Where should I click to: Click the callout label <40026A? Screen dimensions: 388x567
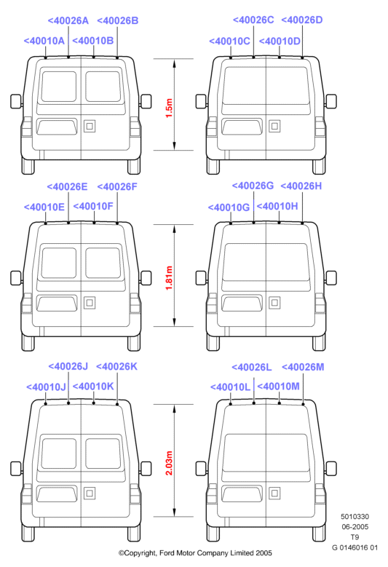[x=68, y=20]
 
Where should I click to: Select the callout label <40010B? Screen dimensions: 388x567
[x=93, y=41]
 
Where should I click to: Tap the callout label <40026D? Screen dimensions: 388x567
[x=302, y=20]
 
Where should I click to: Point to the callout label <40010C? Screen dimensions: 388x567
[x=229, y=41]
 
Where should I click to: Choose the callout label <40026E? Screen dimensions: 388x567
[x=67, y=186]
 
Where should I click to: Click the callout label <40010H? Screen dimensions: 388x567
[x=277, y=206]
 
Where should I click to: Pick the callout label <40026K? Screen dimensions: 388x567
[x=116, y=367]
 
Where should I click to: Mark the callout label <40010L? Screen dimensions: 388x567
[x=230, y=387]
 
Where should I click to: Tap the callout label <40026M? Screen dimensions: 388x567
[x=303, y=368]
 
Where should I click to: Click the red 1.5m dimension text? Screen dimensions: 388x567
[x=169, y=108]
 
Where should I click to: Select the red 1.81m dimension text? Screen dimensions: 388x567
[x=169, y=278]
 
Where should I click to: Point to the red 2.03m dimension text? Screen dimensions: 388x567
[x=169, y=463]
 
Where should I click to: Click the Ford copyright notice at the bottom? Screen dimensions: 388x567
[x=195, y=553]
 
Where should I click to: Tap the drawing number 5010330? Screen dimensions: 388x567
[x=355, y=517]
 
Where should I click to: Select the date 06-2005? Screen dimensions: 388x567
[x=355, y=527]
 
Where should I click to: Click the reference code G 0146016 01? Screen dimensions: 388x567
[x=355, y=547]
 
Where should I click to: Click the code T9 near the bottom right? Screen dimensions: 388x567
[x=355, y=537]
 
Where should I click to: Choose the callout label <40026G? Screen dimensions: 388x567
[x=253, y=186]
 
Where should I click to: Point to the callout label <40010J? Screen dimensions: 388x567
[x=47, y=387]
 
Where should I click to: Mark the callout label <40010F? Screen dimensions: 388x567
[x=93, y=206]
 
